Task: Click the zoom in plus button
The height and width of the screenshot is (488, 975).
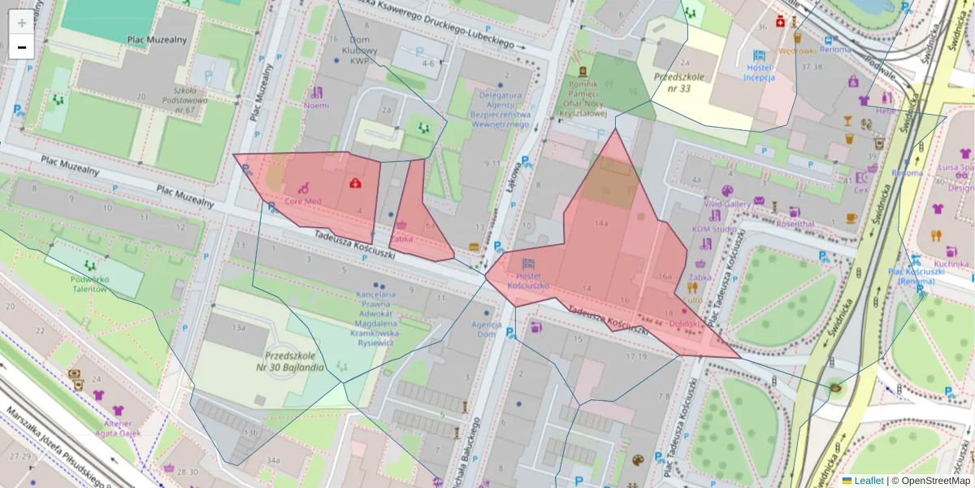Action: (x=21, y=22)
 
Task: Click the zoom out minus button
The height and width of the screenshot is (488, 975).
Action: (x=21, y=47)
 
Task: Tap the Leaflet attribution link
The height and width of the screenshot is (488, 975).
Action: (x=868, y=481)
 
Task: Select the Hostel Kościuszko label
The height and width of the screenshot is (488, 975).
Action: (x=528, y=281)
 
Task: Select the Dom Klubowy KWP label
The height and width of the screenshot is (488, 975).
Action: (x=360, y=50)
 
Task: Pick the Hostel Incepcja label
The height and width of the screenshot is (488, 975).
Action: (x=759, y=72)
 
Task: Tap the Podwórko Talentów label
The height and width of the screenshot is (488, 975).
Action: (x=89, y=283)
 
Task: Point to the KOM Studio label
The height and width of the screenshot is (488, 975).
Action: (x=714, y=229)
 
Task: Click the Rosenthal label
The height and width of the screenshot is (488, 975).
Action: (x=795, y=223)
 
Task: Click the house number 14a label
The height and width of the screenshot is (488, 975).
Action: (x=601, y=222)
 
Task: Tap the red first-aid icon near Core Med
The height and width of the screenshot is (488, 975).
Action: (x=355, y=183)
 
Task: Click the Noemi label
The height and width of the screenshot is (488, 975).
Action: (x=316, y=105)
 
